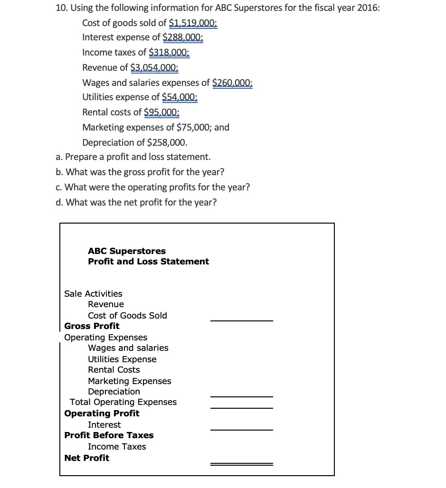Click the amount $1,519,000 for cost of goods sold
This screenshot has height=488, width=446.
pos(193,23)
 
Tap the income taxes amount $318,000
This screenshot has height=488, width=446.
pos(169,53)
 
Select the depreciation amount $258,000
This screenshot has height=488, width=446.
pos(167,142)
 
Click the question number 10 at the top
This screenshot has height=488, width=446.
pos(62,8)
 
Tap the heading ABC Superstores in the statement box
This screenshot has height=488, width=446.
pos(127,251)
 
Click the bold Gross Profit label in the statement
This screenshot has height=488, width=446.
pos(92,326)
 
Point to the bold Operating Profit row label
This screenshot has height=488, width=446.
pos(102,413)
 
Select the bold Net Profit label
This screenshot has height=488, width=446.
pos(86,458)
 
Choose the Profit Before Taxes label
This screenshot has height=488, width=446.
pos(109,435)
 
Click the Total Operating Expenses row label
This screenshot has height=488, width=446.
pos(123,402)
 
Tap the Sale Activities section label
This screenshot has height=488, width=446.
pos(93,294)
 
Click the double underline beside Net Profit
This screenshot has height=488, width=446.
pos(242,464)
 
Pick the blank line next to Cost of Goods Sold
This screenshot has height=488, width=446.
pos(242,321)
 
